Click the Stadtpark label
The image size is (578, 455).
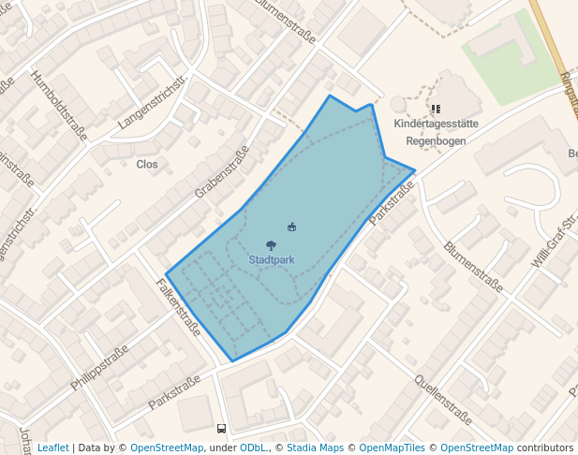271,259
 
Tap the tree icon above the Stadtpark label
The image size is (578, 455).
271,246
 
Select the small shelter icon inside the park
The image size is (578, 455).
292,227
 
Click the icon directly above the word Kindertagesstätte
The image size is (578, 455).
436,110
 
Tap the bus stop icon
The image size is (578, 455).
221,429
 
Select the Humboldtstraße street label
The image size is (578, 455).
58,106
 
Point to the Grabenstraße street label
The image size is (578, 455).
222,172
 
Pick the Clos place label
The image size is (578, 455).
147,164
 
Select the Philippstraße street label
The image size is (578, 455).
99,368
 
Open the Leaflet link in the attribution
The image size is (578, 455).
52,448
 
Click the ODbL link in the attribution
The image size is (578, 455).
253,448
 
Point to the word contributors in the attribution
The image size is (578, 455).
544,448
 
